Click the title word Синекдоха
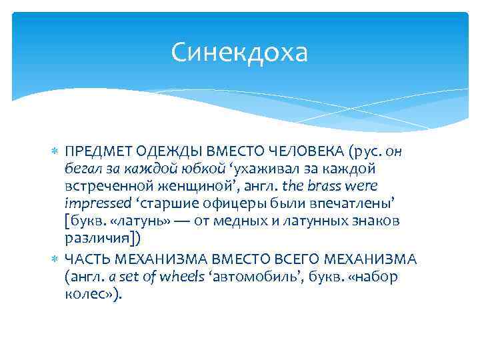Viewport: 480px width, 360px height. click(x=239, y=52)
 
